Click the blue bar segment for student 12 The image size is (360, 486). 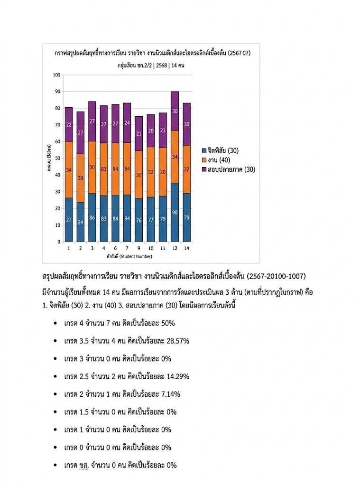175,212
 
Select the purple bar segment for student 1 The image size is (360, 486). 69,124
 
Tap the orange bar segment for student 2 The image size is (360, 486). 80,178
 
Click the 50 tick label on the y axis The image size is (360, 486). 58,159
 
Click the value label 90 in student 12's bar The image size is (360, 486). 175,213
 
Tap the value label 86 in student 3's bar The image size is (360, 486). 92,217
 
